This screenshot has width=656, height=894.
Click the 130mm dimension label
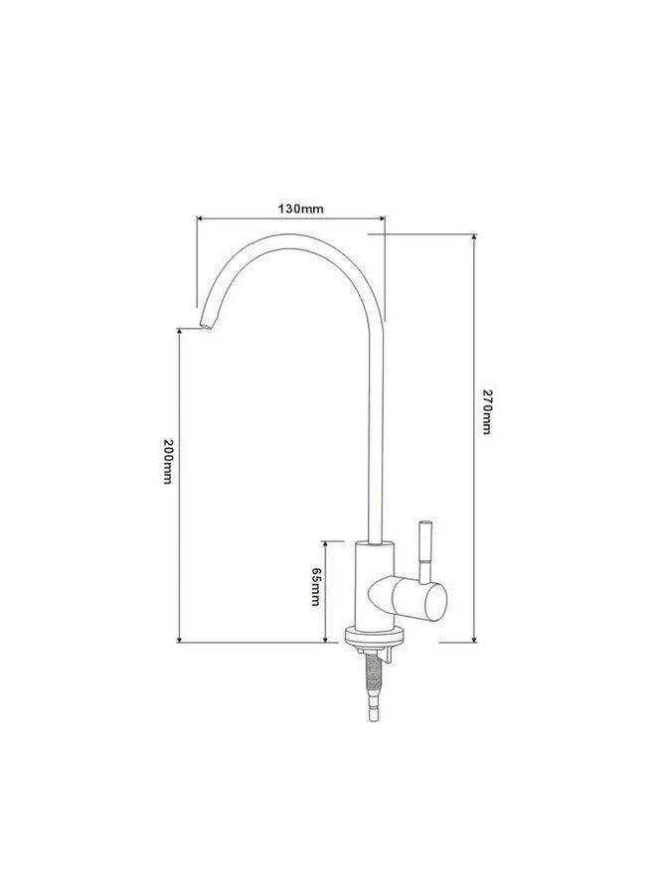[300, 209]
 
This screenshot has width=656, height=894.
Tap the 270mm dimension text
[486, 411]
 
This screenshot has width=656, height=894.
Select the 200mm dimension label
[168, 462]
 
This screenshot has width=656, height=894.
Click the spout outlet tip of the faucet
[204, 325]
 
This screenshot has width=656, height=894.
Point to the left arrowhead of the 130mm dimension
[200, 218]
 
